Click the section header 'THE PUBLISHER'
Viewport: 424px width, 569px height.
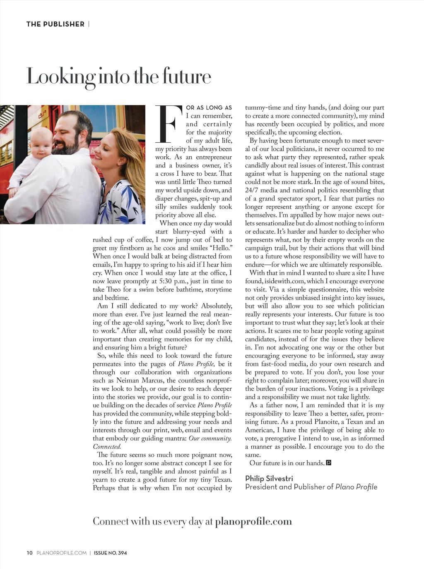click(x=55, y=24)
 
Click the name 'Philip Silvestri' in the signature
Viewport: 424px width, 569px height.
click(x=269, y=478)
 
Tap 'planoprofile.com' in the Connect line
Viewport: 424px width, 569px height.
click(x=253, y=521)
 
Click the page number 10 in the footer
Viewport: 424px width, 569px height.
click(x=29, y=553)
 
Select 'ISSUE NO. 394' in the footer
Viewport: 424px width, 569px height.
click(x=110, y=553)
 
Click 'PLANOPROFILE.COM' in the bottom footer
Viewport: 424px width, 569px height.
click(x=62, y=553)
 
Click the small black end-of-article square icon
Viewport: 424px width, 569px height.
click(x=329, y=463)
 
